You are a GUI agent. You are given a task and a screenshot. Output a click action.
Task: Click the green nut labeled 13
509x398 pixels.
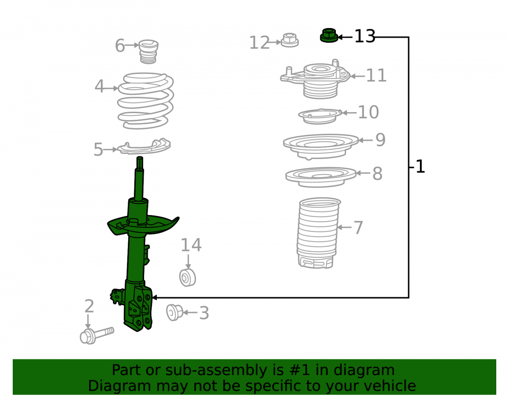coord(329,35)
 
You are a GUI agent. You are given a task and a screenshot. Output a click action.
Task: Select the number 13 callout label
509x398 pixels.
coord(364,36)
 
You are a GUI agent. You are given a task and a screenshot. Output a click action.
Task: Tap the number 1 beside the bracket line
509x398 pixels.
coord(420,167)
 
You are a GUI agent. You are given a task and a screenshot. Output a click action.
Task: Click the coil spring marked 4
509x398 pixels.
coord(146,101)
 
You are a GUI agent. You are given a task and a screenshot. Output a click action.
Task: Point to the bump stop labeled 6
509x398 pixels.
coord(148,51)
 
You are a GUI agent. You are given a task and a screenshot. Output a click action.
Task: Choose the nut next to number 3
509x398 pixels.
coord(174,312)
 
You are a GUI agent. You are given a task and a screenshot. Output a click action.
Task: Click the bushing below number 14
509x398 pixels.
coord(188,278)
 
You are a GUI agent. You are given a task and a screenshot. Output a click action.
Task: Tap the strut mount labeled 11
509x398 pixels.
coord(316,79)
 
